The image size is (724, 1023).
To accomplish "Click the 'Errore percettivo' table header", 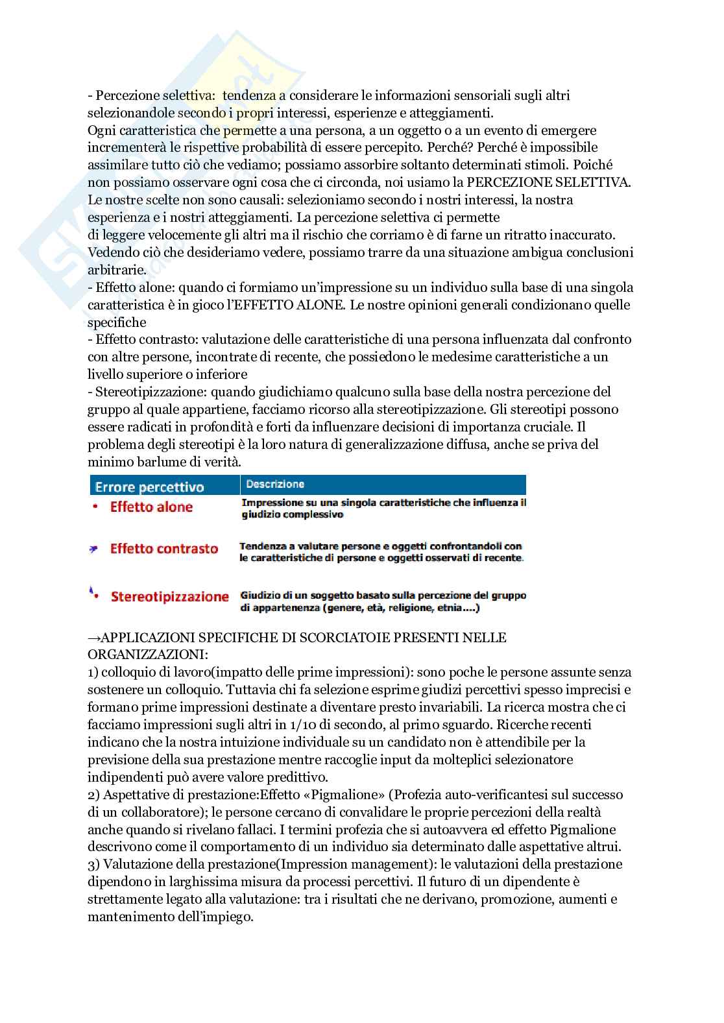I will coord(149,487).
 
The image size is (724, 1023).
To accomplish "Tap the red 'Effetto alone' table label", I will coord(151,507).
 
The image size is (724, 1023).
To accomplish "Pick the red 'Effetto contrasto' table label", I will coord(163,549).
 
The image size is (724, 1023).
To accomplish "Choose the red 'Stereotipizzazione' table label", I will coord(169,597).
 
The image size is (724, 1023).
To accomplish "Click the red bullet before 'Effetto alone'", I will coord(96,507).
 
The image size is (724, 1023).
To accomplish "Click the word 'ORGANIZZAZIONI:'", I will coord(147,655).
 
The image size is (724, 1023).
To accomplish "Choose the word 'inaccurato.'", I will coord(601,234).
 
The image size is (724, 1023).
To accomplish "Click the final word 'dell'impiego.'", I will coord(215,917).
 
